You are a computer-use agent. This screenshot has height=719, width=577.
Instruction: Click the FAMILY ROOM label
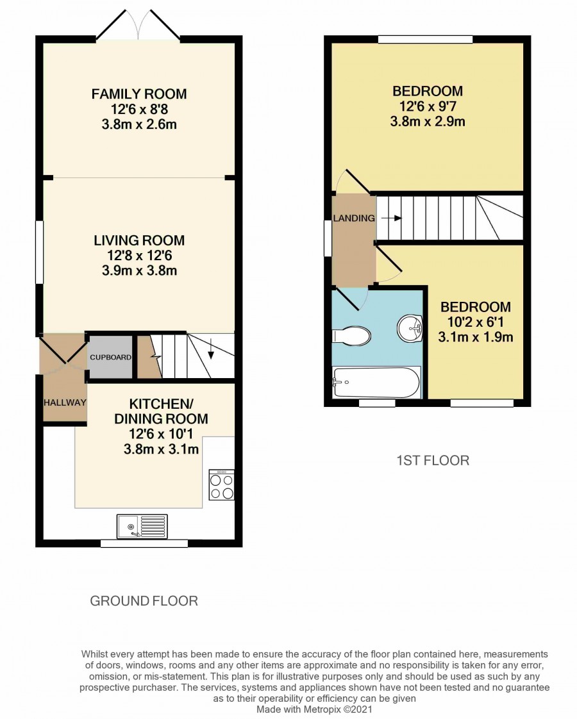coord(139,94)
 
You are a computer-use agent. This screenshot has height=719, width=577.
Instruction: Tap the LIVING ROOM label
coord(139,240)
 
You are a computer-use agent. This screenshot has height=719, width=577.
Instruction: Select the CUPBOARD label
coord(110,357)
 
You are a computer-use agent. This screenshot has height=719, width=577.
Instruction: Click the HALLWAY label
coord(65,402)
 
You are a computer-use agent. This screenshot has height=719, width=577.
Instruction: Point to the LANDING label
coord(354,219)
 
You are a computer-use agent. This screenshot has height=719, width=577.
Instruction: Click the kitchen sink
coord(142,526)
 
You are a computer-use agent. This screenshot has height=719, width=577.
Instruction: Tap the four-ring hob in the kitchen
coord(222,484)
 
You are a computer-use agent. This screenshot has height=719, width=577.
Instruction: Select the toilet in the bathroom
coord(351,336)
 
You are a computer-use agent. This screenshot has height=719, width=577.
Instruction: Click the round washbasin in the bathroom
coord(410,328)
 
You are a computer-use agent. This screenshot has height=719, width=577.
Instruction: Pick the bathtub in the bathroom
coord(376,383)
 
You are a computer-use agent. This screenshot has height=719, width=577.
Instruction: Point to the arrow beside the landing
coord(391,219)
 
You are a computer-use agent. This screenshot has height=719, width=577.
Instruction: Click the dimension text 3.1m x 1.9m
coord(476,337)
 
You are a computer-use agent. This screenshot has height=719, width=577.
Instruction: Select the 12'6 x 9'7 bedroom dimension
coord(428,106)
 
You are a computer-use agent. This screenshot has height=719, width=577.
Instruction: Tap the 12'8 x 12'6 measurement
coord(139,256)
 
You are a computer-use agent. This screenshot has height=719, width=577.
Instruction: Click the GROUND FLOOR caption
coord(144,601)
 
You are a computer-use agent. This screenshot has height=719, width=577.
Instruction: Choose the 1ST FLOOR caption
coord(433,460)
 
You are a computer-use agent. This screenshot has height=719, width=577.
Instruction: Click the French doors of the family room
coord(138,25)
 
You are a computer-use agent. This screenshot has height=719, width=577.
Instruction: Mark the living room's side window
coord(40,252)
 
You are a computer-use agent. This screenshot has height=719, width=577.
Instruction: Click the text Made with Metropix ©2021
coord(314,709)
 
